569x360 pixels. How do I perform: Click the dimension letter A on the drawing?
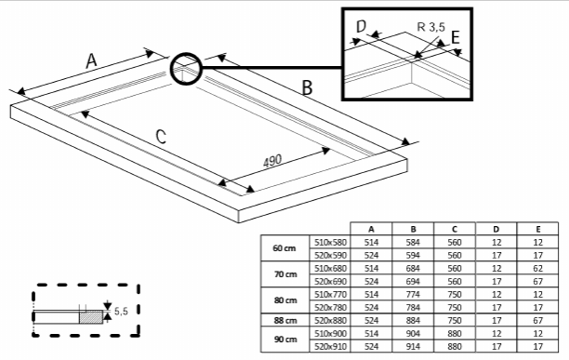point(91,60)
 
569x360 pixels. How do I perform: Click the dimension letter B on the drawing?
point(307,87)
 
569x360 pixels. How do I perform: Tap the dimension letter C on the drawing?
point(161,137)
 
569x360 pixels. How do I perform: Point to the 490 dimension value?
point(272,161)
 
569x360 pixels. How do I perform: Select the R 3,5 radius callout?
point(431,27)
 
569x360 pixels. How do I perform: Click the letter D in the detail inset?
point(362,26)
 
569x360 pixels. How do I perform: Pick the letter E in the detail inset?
point(456,37)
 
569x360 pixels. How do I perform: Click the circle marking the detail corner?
point(186,69)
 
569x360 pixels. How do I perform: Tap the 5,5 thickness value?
point(121,311)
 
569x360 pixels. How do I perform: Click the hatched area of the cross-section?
point(91,317)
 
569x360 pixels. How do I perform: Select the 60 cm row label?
point(284,248)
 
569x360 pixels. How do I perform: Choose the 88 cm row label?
point(285,320)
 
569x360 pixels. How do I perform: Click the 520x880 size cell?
point(330,320)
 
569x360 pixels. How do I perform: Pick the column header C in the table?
point(455,229)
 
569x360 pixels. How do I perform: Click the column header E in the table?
point(537,229)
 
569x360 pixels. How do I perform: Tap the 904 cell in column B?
point(413,334)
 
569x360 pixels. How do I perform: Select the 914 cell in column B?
point(413,347)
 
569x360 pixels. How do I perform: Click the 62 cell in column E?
point(537,268)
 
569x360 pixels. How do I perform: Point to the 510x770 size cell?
point(330,294)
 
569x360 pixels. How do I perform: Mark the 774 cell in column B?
point(413,294)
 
